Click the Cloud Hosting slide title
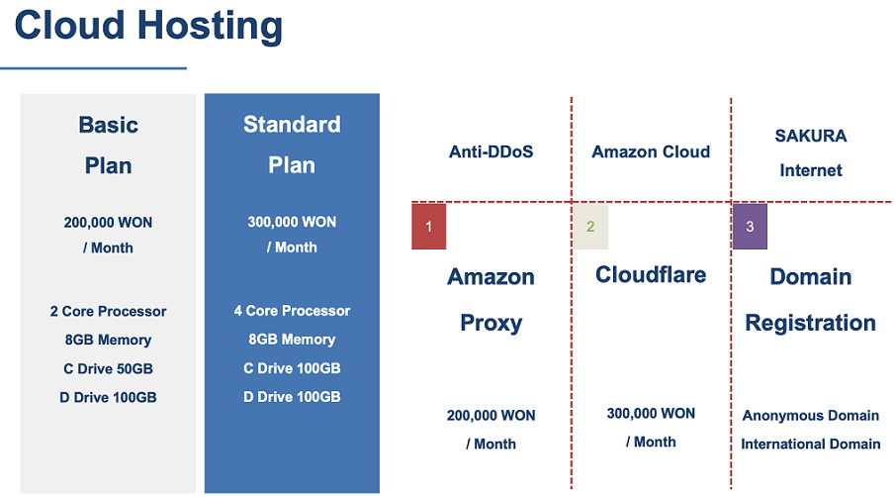pos(148,26)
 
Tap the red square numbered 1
pos(428,226)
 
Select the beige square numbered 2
pos(590,226)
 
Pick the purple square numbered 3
pos(750,226)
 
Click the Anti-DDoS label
pos(491,151)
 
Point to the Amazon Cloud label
pos(651,151)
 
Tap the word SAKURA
pos(811,136)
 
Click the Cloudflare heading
pos(651,274)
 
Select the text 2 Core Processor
pos(108,311)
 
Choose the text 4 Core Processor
pos(292,311)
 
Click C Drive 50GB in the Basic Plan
pos(108,368)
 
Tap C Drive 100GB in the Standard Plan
pos(292,367)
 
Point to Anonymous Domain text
pos(811,416)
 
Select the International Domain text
pos(811,444)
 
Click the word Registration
pos(811,324)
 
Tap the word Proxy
pos(492,324)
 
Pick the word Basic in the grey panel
pos(108,125)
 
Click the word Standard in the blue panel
pos(292,124)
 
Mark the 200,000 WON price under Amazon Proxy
pos(491,415)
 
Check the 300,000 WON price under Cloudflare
pos(651,414)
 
